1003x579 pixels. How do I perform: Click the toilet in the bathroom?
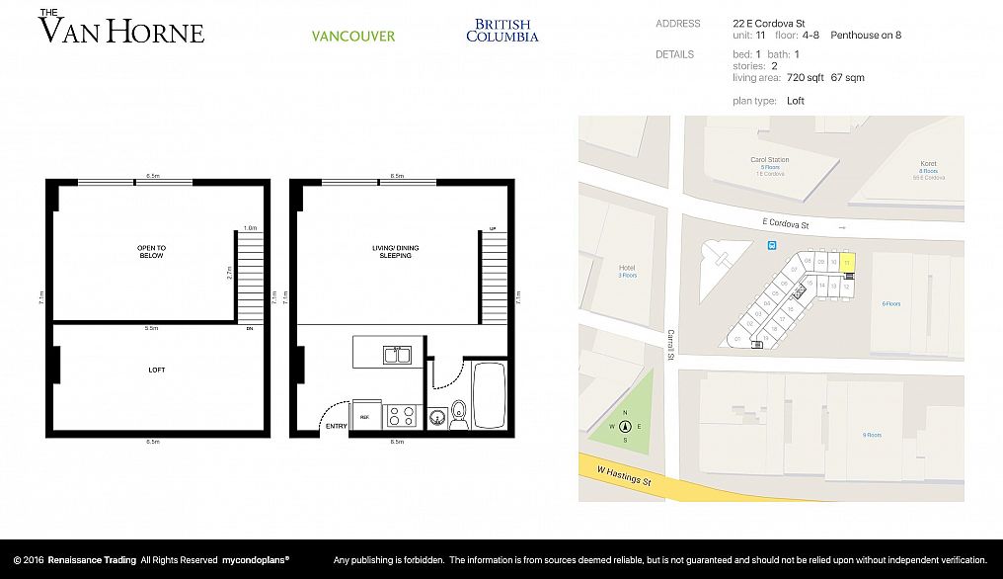(459, 412)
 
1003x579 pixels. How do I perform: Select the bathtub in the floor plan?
(491, 395)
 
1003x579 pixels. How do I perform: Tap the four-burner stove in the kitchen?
(401, 415)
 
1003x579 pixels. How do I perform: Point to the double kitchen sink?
(398, 354)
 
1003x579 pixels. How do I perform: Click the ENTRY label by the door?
(337, 427)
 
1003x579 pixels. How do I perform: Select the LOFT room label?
(157, 371)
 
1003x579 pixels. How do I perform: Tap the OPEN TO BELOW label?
(152, 252)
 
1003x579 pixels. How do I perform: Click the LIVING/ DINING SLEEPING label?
(396, 252)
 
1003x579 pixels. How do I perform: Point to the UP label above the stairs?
(493, 228)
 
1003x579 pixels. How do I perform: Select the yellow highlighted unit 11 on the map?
(848, 263)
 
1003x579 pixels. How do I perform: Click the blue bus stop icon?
(773, 246)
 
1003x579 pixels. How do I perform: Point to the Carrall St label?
(669, 347)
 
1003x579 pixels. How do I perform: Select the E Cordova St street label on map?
(785, 226)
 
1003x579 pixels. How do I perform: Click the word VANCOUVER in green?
(352, 37)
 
